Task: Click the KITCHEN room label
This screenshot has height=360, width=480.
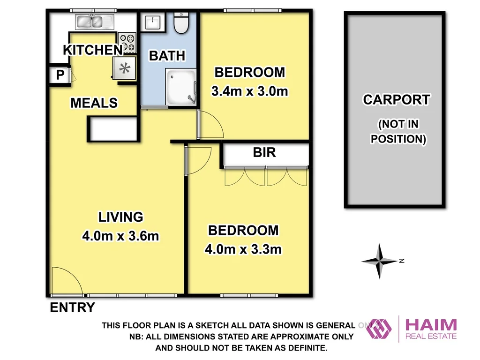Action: (x=92, y=50)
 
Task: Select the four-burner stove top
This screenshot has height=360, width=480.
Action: (x=127, y=42)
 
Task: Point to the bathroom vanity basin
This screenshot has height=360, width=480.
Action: (x=152, y=22)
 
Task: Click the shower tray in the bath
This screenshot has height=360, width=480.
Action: (x=181, y=86)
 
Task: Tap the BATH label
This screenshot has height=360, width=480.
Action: (x=167, y=55)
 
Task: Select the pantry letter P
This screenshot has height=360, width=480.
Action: (x=60, y=75)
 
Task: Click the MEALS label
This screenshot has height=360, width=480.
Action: (x=94, y=102)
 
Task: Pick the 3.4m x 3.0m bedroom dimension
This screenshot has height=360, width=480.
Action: (x=249, y=91)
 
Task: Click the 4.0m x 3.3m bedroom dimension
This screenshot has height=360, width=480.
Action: (x=243, y=249)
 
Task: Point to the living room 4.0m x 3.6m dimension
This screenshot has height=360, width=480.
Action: (x=120, y=236)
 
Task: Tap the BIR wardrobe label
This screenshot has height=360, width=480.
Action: (x=264, y=152)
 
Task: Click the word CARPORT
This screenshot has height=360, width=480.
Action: (x=397, y=99)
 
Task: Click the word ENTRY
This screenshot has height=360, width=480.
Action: (x=72, y=308)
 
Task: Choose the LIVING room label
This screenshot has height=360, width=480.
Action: (x=120, y=217)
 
